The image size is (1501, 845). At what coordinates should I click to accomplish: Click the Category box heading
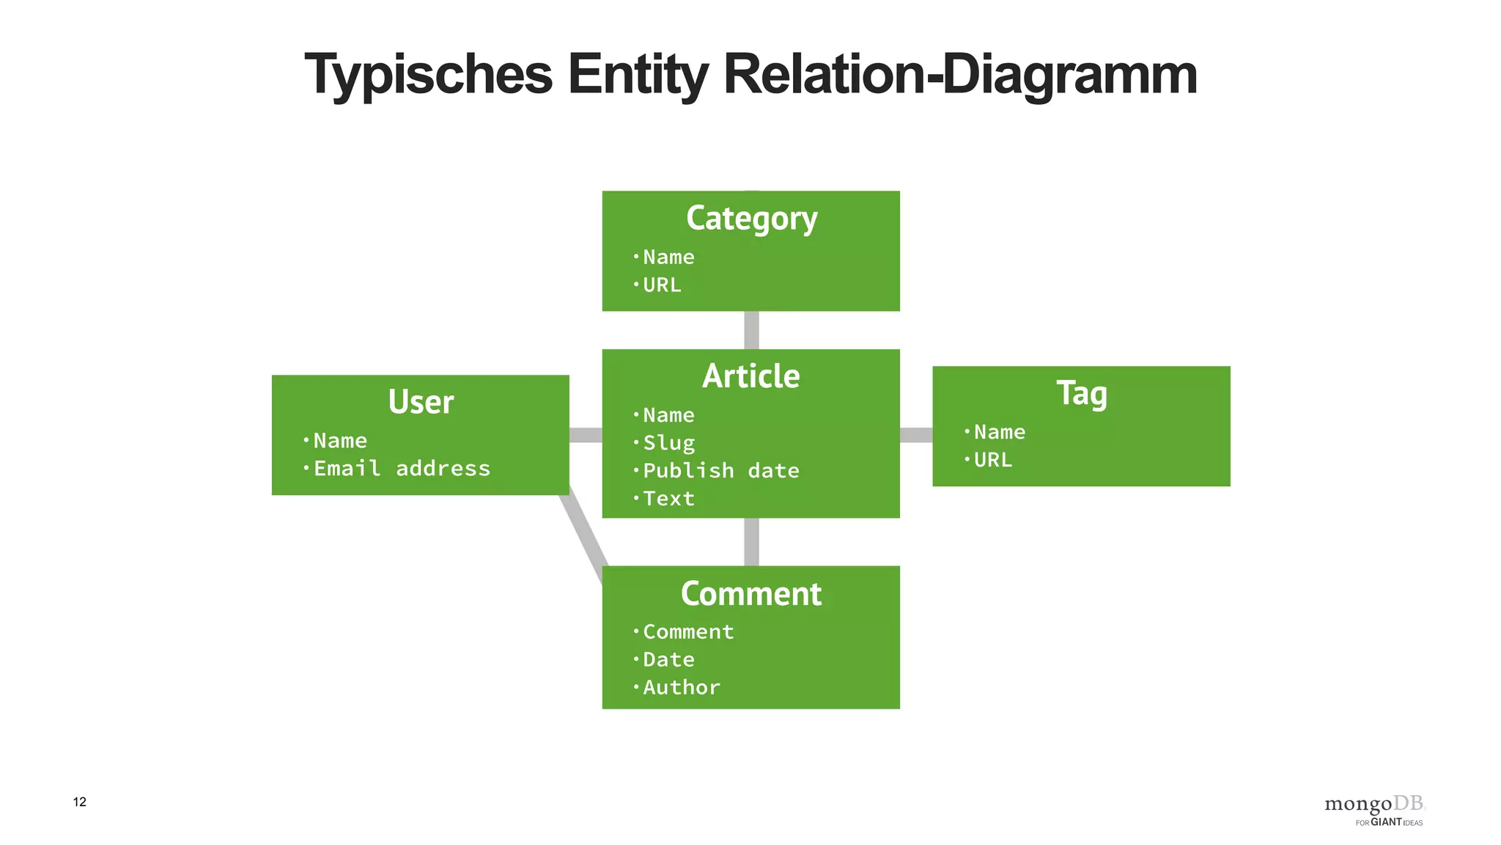coord(751,219)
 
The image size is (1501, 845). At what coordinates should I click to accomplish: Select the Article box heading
coord(751,376)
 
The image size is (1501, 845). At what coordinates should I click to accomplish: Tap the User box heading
coord(421,402)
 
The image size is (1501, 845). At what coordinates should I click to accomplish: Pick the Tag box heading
coord(1081,393)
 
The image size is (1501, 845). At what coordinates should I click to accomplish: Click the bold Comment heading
coord(751,593)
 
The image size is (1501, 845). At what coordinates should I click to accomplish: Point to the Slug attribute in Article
coord(668,443)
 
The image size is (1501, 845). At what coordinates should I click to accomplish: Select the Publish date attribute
coord(720,471)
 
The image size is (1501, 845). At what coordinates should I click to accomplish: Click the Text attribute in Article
coord(668,499)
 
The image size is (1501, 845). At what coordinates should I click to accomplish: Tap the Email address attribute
coord(402,469)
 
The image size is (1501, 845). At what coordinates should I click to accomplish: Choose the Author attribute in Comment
coord(682,687)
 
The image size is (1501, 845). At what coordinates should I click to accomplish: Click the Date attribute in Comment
coord(668,659)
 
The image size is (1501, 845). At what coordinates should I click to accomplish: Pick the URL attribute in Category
coord(662,285)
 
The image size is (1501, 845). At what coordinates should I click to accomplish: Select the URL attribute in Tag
coord(992,460)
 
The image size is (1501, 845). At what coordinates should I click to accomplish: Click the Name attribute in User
coord(340,441)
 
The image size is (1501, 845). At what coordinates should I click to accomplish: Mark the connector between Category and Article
coord(751,330)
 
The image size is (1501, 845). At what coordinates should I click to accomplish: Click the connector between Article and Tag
coord(916,435)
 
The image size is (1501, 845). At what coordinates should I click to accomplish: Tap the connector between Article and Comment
coord(751,542)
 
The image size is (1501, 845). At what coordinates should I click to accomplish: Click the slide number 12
coord(80,802)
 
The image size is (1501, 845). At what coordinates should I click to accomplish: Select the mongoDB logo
coord(1374,810)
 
